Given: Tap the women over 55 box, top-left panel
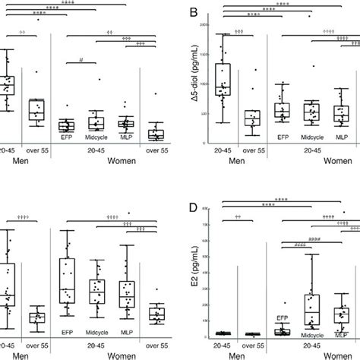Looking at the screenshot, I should pyautogui.click(x=156, y=134).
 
